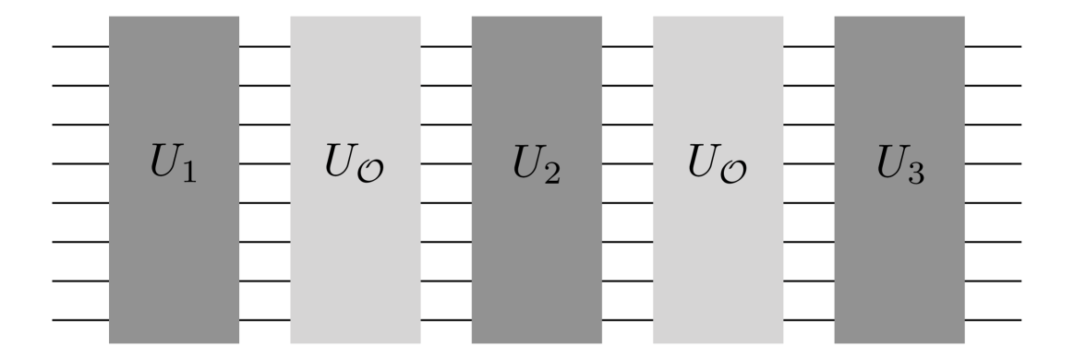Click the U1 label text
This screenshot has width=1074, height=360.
[173, 167]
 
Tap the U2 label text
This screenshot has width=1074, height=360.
[536, 167]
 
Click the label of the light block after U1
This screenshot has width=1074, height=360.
[356, 169]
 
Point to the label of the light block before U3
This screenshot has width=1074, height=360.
[718, 169]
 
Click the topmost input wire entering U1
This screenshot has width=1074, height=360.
[80, 45]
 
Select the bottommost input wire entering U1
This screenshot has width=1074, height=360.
[80, 321]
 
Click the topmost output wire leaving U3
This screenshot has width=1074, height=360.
[993, 45]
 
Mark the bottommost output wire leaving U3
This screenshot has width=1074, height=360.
[993, 321]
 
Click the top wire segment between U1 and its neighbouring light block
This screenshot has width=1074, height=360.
[265, 45]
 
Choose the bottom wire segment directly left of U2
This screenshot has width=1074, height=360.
[446, 321]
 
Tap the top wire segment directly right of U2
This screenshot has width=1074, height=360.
[627, 45]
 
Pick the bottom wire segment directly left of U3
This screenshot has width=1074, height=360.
[809, 321]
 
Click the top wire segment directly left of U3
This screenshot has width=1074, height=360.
[809, 45]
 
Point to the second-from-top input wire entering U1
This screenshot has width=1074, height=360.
[80, 85]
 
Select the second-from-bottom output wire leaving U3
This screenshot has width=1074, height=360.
[993, 282]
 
